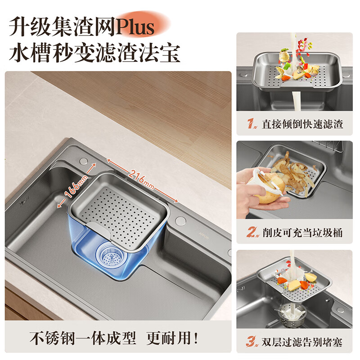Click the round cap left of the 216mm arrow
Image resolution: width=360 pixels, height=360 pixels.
coord(83,161)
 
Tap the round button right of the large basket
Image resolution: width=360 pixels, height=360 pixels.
coord(181,220)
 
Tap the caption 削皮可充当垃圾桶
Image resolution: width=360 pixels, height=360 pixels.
coord(302,233)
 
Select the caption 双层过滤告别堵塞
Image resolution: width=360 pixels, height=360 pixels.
coord(302,342)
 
